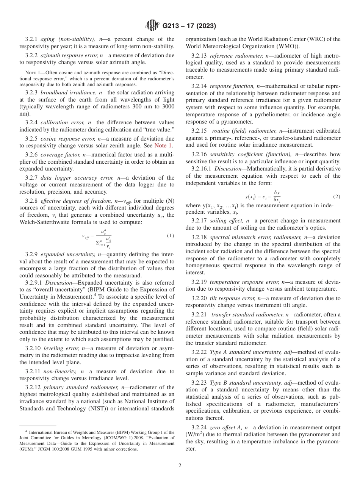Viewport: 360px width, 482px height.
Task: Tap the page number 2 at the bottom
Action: click(x=180, y=466)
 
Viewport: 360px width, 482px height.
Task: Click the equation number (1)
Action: click(x=171, y=236)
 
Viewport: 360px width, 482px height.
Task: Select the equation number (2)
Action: click(x=337, y=197)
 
